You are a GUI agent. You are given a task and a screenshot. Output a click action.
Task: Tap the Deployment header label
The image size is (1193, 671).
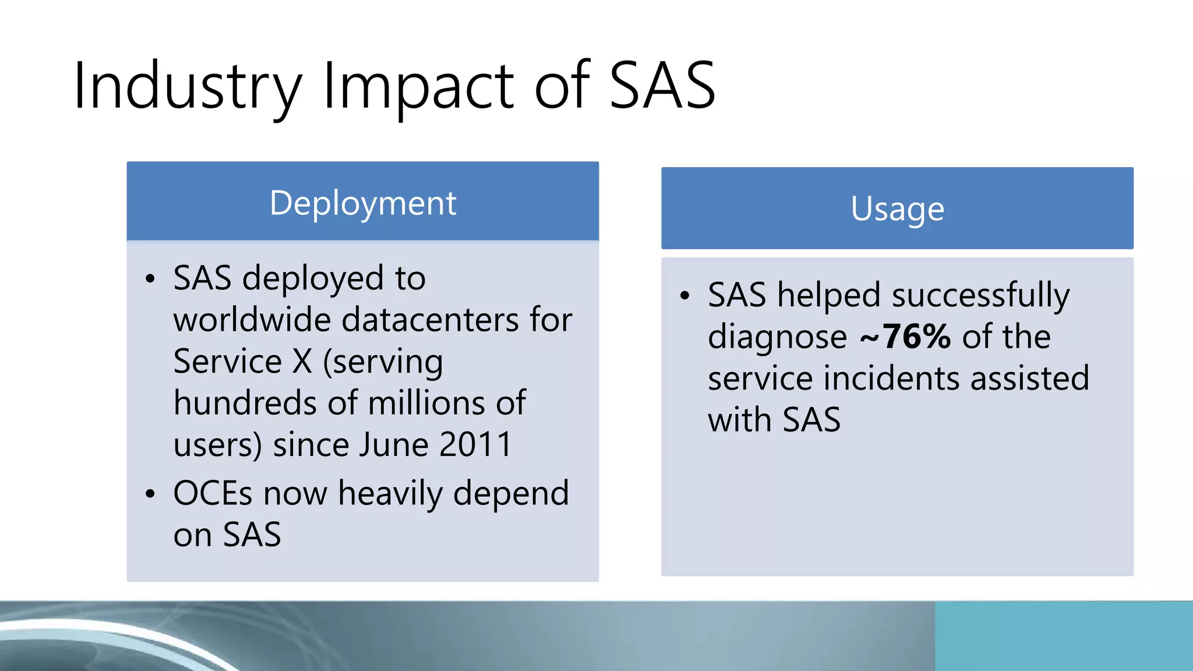point(363,203)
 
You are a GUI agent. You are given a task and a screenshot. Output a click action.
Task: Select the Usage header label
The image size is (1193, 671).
point(897,209)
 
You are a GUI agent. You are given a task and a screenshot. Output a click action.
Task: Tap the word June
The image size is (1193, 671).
point(394,444)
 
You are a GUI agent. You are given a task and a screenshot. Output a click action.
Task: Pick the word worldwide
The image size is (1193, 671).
point(252,320)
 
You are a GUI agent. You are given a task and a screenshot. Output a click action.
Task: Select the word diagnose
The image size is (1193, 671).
point(777,337)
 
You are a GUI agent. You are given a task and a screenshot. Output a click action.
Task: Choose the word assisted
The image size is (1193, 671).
point(1029,379)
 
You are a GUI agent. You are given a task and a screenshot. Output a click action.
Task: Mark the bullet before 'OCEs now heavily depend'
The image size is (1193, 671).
point(150,495)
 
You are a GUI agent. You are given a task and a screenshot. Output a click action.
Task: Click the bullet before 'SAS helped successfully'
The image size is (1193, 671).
point(685,296)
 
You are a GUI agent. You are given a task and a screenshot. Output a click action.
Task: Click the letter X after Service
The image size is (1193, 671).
point(302,362)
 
